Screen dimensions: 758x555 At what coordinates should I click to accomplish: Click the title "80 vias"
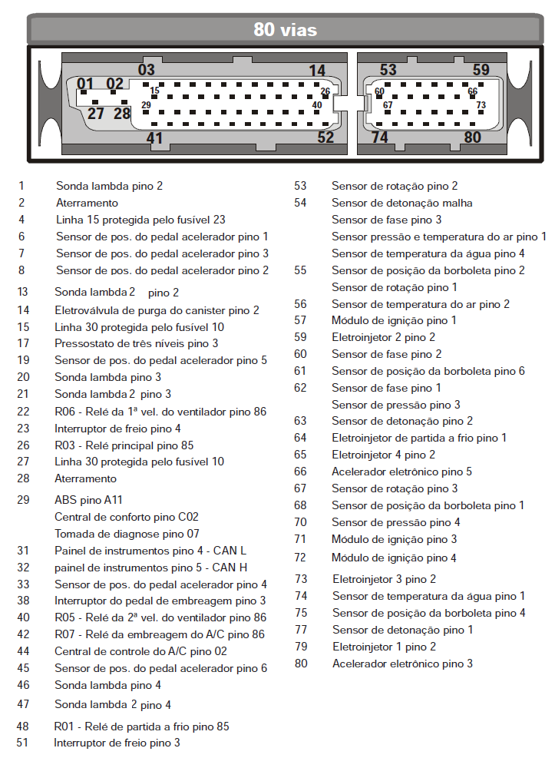click(285, 30)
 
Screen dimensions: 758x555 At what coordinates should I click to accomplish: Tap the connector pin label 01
click(85, 84)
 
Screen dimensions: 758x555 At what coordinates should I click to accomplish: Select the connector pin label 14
click(317, 71)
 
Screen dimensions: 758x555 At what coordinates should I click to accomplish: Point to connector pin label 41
click(155, 138)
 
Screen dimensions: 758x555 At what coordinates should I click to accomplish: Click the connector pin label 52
click(325, 137)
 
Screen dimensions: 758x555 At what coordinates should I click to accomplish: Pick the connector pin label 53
click(388, 70)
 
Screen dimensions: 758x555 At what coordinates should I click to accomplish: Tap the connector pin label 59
click(481, 70)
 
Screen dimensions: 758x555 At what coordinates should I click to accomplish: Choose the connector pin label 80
click(472, 137)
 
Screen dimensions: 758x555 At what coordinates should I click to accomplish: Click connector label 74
click(379, 137)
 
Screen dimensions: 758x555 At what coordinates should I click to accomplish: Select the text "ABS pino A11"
click(88, 499)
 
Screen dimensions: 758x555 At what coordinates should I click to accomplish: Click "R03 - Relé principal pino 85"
click(124, 445)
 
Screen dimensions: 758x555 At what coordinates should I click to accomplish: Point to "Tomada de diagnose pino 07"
click(127, 533)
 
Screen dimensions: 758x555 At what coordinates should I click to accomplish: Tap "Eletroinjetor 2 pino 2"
click(383, 336)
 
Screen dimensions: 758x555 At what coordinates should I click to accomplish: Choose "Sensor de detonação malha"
click(401, 203)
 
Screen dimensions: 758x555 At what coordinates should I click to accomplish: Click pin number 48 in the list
click(23, 726)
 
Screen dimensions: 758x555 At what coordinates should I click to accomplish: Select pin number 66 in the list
click(300, 472)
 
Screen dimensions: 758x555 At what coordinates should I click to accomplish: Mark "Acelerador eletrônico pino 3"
click(402, 663)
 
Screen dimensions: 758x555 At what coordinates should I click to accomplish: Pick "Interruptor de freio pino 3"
click(117, 743)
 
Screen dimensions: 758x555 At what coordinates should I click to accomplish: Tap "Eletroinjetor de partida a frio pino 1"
click(419, 438)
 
